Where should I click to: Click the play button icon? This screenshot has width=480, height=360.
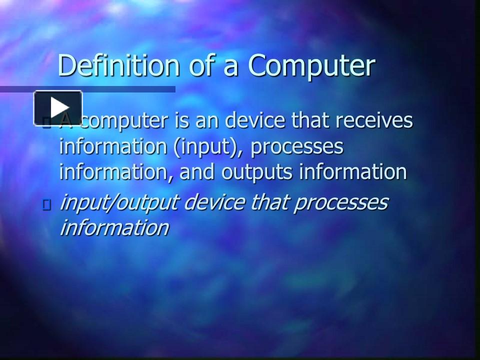58,107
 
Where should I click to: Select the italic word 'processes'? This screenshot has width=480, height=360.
346,203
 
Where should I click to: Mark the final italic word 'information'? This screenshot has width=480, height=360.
114,228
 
